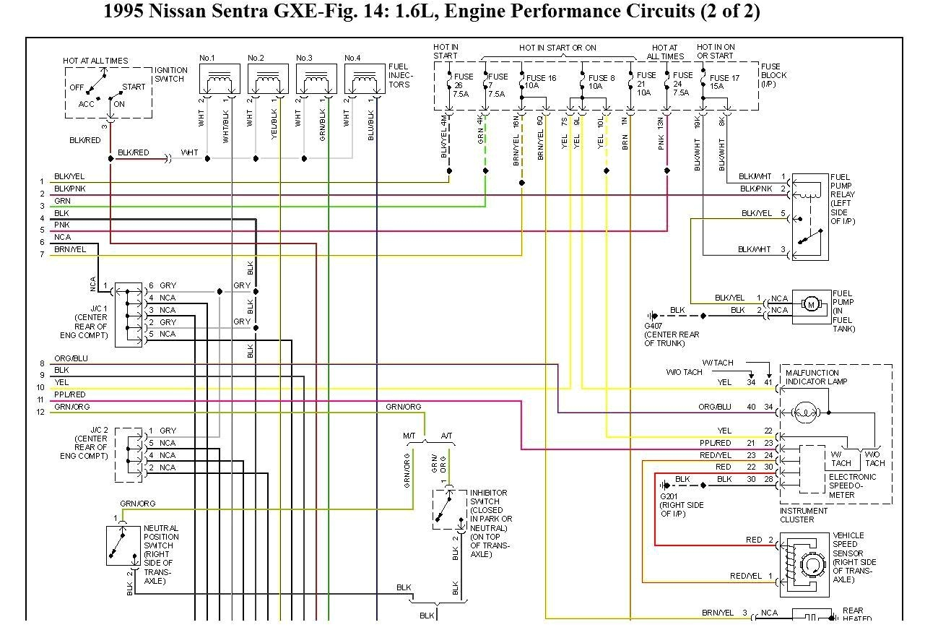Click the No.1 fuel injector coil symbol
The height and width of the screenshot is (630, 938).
219,77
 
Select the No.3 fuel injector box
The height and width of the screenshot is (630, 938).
316,79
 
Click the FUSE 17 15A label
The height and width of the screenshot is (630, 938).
724,82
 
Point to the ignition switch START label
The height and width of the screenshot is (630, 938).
134,87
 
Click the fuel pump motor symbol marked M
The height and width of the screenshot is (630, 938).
811,304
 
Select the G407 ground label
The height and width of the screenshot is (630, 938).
653,326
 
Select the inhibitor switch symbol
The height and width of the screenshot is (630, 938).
446,509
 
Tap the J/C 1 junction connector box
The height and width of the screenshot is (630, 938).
129,314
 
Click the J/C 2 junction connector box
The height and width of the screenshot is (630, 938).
129,454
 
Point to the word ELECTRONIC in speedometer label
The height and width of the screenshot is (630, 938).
853,477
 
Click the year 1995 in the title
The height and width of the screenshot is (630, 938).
123,12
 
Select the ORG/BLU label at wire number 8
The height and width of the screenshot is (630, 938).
71,358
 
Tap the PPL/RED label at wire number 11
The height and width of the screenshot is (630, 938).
69,394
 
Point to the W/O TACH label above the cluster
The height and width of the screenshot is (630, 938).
684,372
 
